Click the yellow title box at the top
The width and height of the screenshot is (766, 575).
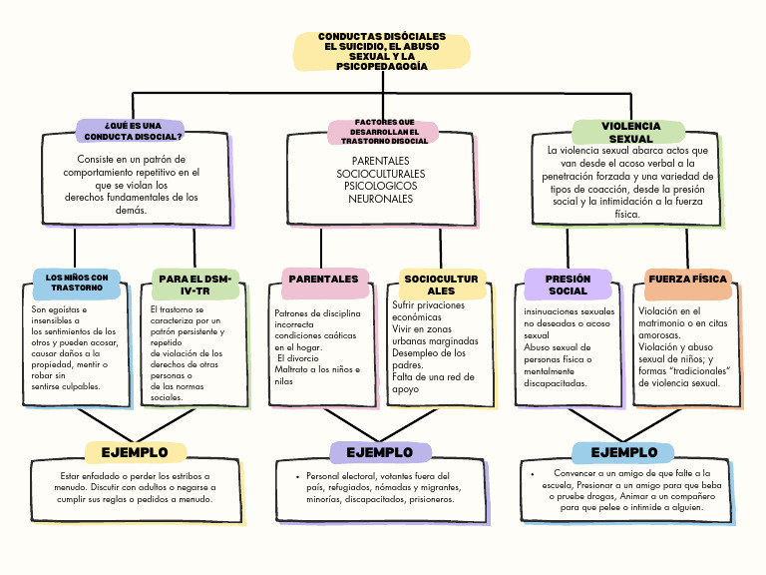tap(383, 51)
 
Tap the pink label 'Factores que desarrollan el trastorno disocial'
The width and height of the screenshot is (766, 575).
tap(383, 132)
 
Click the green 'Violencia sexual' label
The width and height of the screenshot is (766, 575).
tap(629, 132)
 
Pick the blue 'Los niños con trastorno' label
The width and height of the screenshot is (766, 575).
tap(77, 283)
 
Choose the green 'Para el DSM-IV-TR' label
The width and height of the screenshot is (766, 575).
tap(195, 284)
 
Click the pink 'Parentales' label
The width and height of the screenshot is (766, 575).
tap(323, 280)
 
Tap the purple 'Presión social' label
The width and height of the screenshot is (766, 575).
tap(568, 285)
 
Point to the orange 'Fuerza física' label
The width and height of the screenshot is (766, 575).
tap(687, 279)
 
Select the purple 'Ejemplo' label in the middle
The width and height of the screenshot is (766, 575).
tap(380, 452)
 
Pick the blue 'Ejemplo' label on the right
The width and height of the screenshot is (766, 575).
tap(623, 452)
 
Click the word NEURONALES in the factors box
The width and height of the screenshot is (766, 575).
tap(380, 199)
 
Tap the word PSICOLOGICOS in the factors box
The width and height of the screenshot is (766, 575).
tap(380, 186)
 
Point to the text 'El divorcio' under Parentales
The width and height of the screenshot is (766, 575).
tap(298, 357)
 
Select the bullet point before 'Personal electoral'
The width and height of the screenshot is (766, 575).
tap(299, 477)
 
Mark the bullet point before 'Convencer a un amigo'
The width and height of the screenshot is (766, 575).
tap(535, 473)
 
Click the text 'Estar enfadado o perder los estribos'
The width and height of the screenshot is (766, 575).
tap(135, 476)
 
